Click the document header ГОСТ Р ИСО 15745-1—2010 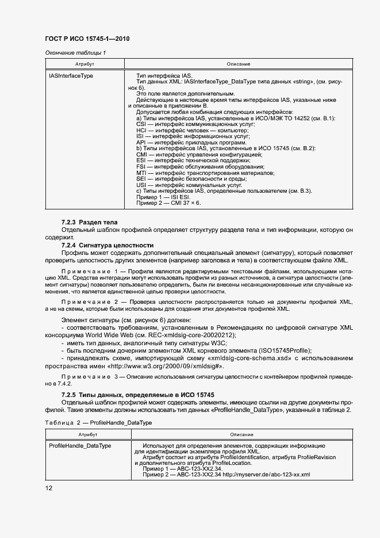tap(87, 39)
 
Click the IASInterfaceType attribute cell tap(71, 75)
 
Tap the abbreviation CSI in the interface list tap(141, 124)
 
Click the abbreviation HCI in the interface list tap(141, 131)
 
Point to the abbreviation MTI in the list tap(141, 173)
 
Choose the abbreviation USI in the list tap(141, 185)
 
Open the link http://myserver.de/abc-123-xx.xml tap(266, 475)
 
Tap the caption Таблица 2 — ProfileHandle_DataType tap(90, 422)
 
